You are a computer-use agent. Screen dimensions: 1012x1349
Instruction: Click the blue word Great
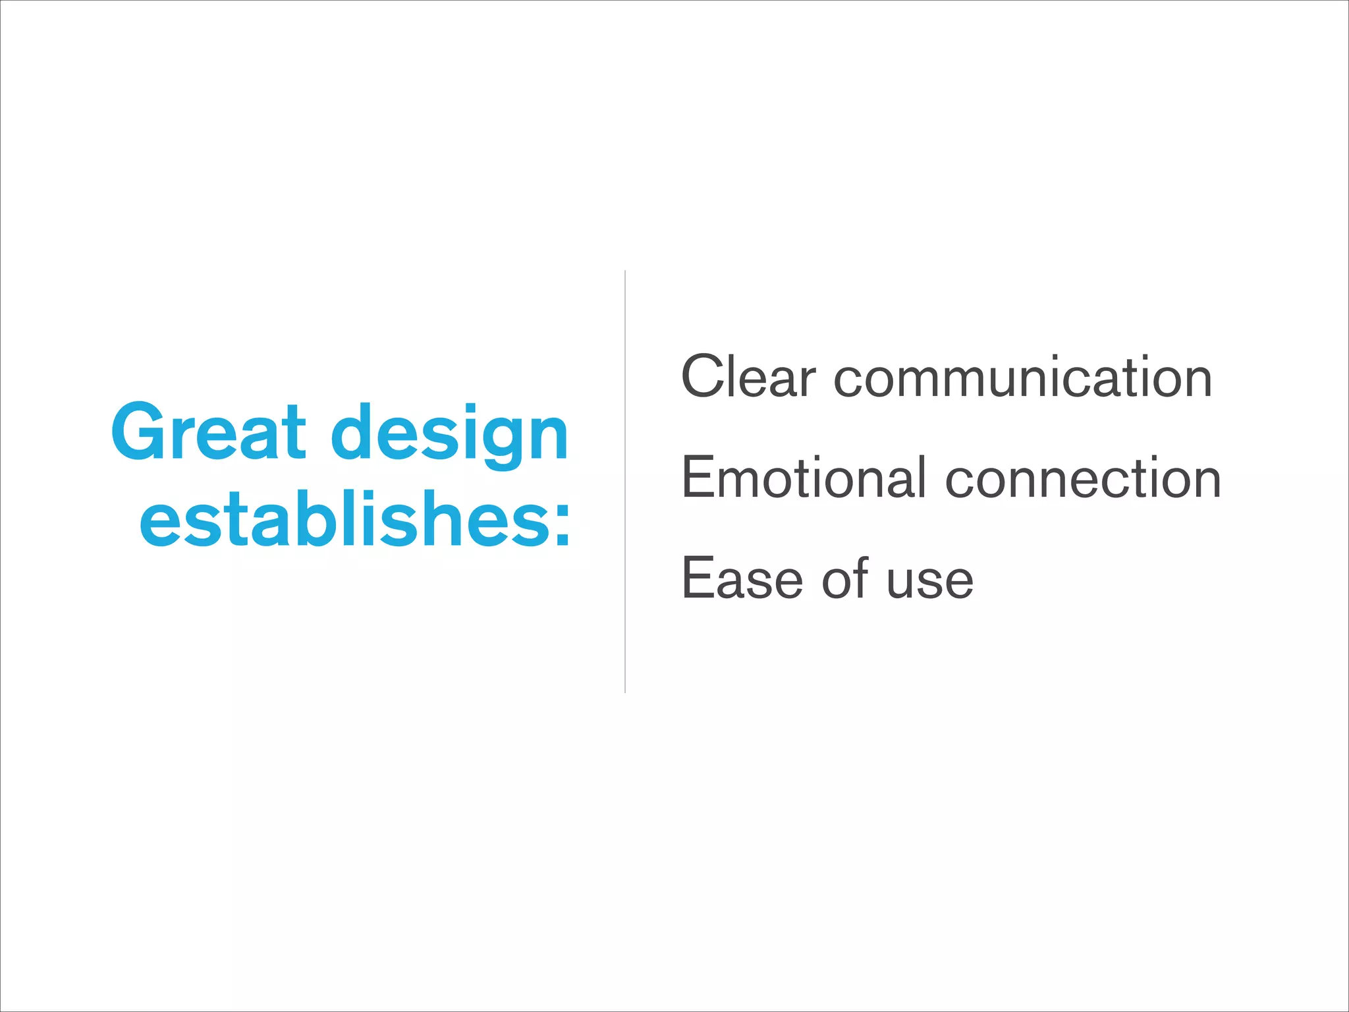pyautogui.click(x=209, y=433)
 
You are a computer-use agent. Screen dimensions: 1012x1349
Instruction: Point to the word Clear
pyautogui.click(x=748, y=377)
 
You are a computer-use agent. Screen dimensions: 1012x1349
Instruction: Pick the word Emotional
pyautogui.click(x=804, y=478)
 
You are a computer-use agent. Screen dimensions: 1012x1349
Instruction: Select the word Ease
pyautogui.click(x=742, y=579)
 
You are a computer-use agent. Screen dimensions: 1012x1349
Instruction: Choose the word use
pyautogui.click(x=929, y=582)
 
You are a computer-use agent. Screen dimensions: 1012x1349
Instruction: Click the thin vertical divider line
pyautogui.click(x=624, y=481)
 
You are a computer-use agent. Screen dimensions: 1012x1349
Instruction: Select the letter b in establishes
pyautogui.click(x=312, y=519)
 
